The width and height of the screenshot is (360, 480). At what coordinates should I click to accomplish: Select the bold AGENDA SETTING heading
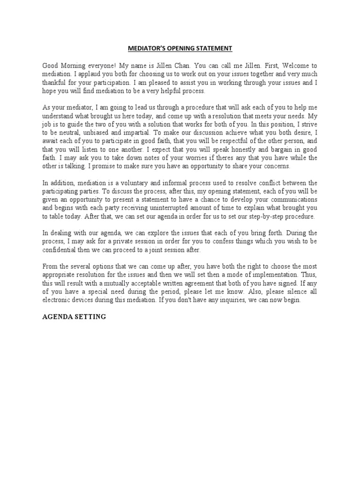tap(74, 317)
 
